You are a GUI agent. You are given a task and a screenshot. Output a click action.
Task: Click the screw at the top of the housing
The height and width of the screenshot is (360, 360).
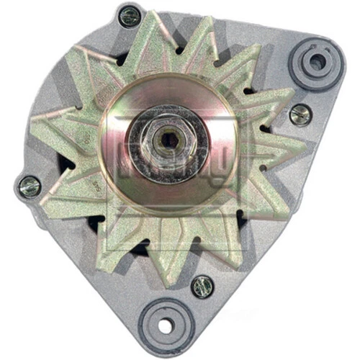pyautogui.click(x=130, y=16)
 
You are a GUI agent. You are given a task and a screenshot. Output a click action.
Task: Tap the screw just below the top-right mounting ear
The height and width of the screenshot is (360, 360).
pyautogui.click(x=300, y=114)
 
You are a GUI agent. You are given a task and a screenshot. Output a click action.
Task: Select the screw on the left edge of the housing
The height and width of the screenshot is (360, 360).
pyautogui.click(x=30, y=186)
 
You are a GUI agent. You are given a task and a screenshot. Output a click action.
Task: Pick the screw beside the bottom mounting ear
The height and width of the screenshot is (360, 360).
pyautogui.click(x=202, y=286)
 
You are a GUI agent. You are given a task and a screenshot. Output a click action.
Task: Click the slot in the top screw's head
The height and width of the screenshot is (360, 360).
pyautogui.click(x=130, y=16)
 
